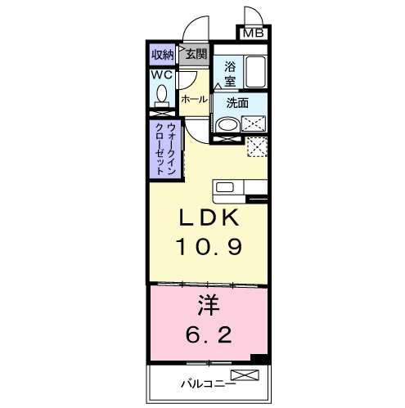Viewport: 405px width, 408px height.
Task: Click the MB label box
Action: [x=254, y=34]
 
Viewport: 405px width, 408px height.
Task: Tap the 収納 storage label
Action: [x=163, y=55]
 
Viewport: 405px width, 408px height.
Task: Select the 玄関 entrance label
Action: [x=196, y=54]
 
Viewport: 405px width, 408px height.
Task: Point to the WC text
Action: [x=162, y=74]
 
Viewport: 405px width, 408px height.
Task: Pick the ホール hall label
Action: [x=194, y=100]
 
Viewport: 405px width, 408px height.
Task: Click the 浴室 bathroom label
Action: [x=230, y=74]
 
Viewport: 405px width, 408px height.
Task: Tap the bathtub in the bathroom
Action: [x=255, y=72]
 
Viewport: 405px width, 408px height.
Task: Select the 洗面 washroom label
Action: [x=237, y=103]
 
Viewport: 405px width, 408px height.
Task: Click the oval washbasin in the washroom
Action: [x=228, y=125]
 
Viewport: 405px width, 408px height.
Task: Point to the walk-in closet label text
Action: [x=165, y=150]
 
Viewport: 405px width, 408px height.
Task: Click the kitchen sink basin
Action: [x=225, y=187]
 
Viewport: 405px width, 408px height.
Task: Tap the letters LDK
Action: [x=209, y=217]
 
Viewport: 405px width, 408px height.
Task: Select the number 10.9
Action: [x=209, y=246]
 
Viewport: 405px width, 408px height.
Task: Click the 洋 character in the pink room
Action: [x=209, y=305]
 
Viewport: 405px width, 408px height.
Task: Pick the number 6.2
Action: [x=209, y=334]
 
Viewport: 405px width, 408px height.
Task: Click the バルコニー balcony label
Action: [x=209, y=384]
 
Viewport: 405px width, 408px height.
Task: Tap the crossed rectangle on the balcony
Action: [x=245, y=375]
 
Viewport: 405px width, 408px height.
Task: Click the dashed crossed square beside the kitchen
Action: [x=257, y=147]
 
